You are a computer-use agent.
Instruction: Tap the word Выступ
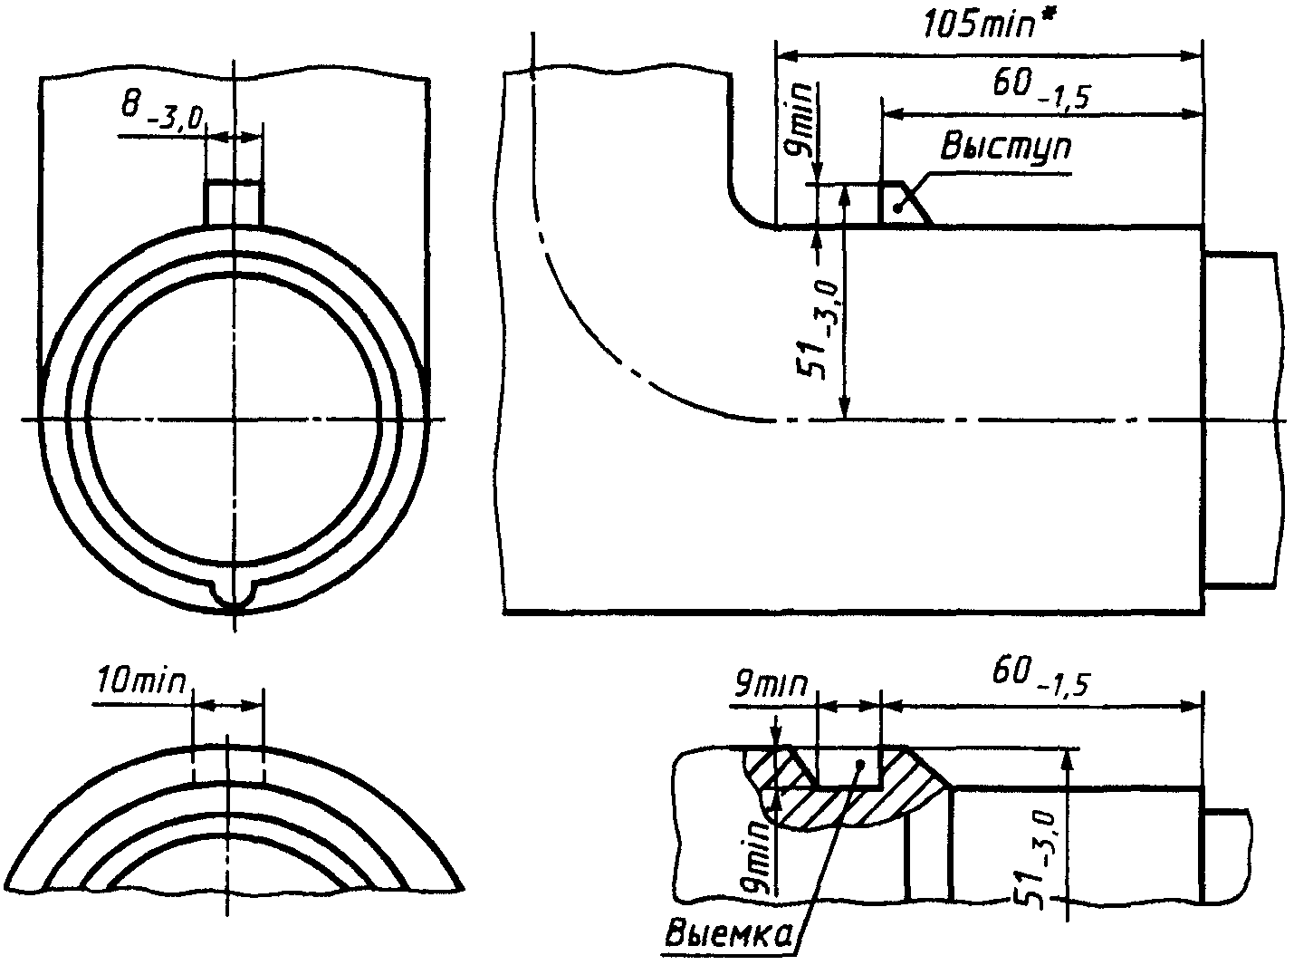(1005, 147)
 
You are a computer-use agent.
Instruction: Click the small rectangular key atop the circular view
(233, 202)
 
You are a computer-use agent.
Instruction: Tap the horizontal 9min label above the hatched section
(769, 684)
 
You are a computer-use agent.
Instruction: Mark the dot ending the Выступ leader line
(896, 208)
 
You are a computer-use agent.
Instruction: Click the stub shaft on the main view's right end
(1241, 421)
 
